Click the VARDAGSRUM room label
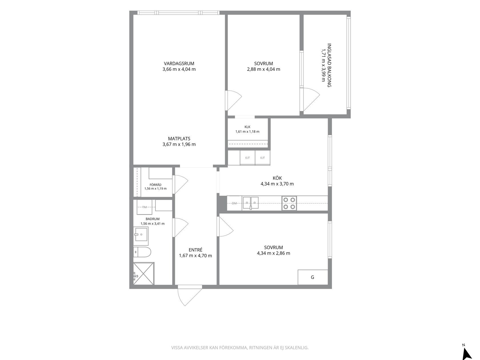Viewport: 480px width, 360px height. tap(179, 64)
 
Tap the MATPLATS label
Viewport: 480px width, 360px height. tap(179, 139)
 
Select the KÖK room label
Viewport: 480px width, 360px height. tap(277, 178)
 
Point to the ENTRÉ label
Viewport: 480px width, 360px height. tap(195, 250)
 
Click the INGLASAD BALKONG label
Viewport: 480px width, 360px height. tap(329, 65)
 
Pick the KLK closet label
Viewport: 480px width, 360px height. tap(247, 127)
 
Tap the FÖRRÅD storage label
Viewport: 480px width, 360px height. tap(155, 185)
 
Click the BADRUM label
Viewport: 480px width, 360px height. tap(152, 219)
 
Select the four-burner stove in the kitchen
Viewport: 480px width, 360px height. tap(289, 203)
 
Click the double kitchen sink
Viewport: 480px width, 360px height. tap(251, 203)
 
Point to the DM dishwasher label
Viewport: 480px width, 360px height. tap(234, 203)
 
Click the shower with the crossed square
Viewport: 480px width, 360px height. tap(144, 273)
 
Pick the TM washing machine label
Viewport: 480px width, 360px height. tap(144, 207)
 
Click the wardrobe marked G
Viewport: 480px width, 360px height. tap(313, 277)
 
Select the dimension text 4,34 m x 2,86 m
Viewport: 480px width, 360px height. tap(273, 253)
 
